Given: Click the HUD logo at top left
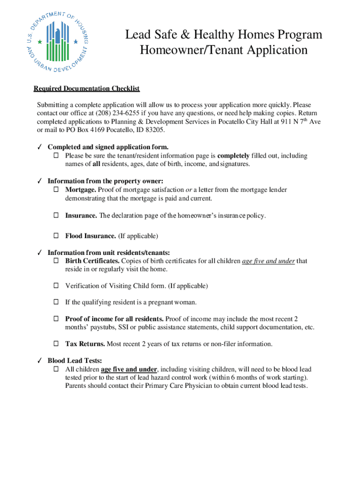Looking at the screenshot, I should (x=57, y=42).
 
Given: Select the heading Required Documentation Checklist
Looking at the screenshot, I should (x=86, y=89).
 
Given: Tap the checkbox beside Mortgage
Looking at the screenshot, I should (x=56, y=190).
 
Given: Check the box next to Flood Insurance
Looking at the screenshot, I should (x=56, y=236).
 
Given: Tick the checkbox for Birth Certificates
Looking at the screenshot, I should (x=56, y=261).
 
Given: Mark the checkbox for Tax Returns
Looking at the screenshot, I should (x=56, y=344).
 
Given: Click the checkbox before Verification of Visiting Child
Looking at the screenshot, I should (x=56, y=286).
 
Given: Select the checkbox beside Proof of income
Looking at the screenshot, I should (x=56, y=319).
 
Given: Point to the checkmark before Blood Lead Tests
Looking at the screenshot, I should (x=40, y=361).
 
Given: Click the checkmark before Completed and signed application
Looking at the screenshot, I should (x=40, y=147).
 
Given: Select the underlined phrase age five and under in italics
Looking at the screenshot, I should (x=268, y=261).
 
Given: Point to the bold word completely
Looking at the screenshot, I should (x=233, y=156).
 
